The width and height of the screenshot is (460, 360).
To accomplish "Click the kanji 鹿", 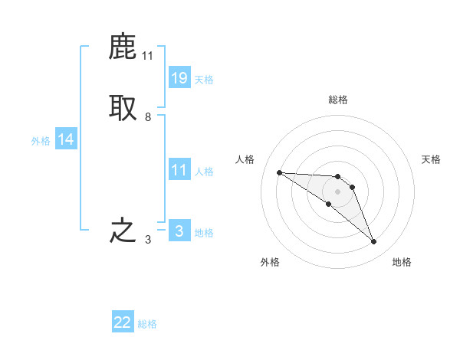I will click(123, 48).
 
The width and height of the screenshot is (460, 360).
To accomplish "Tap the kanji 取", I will click(123, 108).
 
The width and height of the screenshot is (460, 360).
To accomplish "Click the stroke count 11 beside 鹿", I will click(148, 56).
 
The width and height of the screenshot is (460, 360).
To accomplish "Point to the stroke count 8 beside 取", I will click(148, 117).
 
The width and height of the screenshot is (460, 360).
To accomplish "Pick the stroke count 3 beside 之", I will click(148, 240).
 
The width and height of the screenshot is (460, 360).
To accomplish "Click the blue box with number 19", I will click(179, 78).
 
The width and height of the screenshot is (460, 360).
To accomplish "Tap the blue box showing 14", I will click(66, 139).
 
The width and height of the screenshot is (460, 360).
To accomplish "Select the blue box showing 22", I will click(123, 322).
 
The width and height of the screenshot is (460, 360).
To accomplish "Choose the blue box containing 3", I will click(179, 231).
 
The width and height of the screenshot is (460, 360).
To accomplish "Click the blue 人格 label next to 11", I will click(205, 172).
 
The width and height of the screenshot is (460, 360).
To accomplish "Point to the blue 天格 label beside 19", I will click(205, 80).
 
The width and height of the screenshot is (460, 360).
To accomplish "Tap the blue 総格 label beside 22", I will click(147, 324).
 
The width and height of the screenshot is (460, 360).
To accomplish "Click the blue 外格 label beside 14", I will click(41, 141).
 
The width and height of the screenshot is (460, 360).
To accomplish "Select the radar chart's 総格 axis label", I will click(338, 100).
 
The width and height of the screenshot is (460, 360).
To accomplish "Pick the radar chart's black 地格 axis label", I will click(402, 262).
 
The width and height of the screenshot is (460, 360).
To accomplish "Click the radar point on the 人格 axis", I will click(279, 172).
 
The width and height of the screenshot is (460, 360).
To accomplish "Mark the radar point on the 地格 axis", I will click(373, 242).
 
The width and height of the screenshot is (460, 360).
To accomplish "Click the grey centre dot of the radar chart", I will click(338, 191).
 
